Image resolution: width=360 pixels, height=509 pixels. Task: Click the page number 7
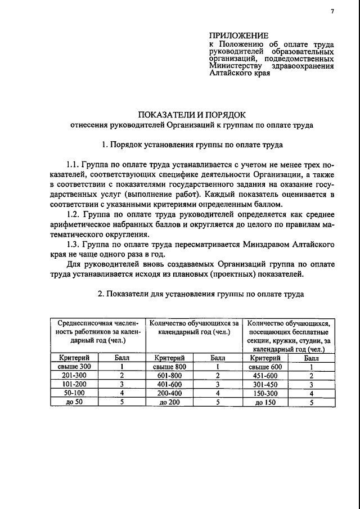point(332,12)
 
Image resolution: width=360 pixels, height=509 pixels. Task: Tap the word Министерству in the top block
point(232,66)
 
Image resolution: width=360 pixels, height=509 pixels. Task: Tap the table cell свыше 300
point(74,367)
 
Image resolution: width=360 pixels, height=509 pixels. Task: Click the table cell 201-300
point(74,376)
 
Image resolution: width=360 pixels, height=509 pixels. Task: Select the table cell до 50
point(74,402)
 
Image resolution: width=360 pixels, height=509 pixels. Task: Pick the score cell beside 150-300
point(310,393)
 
